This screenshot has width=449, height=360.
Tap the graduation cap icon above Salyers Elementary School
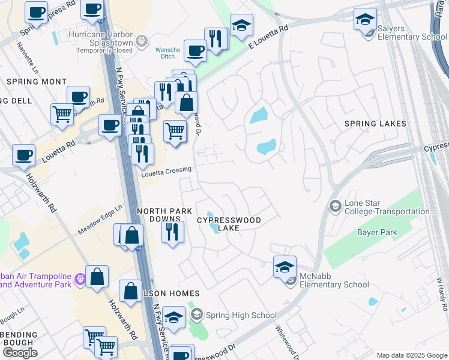click(x=365, y=19)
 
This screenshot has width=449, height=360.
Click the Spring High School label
click(x=241, y=315)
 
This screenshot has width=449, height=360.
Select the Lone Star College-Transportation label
click(x=389, y=207)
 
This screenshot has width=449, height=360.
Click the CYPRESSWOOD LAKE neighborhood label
click(x=229, y=224)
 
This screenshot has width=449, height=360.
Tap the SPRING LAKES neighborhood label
click(x=375, y=124)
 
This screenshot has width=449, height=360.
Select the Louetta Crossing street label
click(x=166, y=170)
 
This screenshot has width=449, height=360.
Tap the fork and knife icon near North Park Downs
click(x=172, y=232)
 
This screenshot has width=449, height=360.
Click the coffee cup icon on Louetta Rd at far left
click(x=24, y=155)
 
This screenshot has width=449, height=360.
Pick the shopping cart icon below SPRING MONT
click(x=62, y=113)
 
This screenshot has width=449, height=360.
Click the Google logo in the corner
click(x=20, y=353)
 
